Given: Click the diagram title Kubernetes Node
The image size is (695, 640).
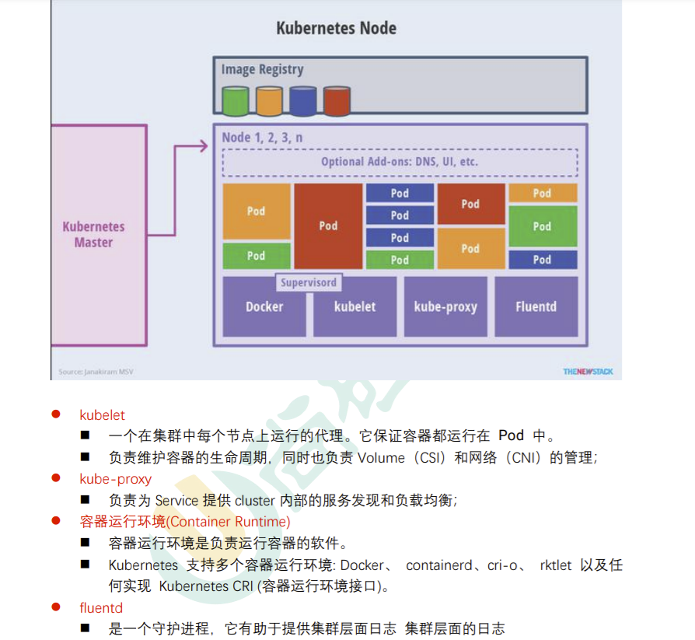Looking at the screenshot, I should (336, 29).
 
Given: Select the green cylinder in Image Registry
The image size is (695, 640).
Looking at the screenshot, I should (235, 101).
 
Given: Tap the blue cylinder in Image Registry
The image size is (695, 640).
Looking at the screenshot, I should (302, 101).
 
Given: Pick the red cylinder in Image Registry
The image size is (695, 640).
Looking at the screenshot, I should (337, 101).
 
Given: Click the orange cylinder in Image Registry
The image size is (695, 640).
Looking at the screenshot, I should (269, 101).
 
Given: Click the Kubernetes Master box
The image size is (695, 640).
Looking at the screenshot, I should (95, 234).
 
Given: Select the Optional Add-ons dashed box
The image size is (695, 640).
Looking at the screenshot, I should (400, 163).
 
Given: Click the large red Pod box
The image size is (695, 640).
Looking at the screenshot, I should (328, 226).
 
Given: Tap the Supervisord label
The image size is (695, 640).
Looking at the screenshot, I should (309, 282).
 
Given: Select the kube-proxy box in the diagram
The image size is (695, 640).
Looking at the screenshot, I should (445, 306).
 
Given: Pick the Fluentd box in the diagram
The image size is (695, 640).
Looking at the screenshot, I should (536, 306).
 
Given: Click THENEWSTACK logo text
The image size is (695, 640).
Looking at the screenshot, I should (588, 372).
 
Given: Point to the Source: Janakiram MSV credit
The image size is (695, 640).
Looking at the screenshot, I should (96, 372).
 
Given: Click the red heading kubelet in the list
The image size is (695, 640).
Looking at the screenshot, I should (102, 415).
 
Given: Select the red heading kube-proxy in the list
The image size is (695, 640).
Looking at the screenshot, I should (115, 479).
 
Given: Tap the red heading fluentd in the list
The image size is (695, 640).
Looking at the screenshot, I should (101, 607).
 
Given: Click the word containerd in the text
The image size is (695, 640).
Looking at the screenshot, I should (438, 565).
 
